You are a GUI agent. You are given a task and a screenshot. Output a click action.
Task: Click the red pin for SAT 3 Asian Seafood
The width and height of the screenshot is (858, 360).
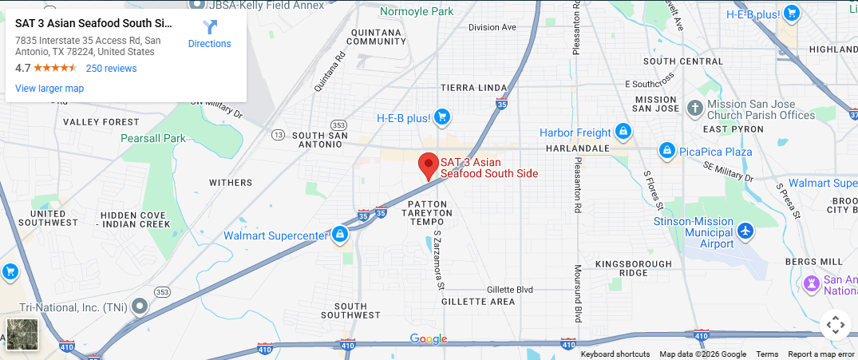(429, 165)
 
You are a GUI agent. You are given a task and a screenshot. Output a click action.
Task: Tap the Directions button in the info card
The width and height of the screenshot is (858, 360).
(209, 34)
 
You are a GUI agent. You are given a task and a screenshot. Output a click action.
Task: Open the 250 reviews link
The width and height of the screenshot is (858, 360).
(111, 69)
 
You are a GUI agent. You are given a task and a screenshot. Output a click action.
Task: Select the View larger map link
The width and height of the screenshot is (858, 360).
(49, 89)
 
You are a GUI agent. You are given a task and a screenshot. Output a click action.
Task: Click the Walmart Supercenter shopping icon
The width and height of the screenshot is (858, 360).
(340, 235)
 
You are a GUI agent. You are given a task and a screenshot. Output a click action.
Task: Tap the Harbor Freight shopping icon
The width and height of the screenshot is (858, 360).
(623, 132)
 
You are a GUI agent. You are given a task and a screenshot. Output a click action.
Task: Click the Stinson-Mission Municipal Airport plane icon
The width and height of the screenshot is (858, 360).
(745, 231)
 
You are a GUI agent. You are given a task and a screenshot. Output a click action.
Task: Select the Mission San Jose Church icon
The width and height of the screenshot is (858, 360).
(695, 108)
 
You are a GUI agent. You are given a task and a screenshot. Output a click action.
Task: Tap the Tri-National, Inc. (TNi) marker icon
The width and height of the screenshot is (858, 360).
(140, 306)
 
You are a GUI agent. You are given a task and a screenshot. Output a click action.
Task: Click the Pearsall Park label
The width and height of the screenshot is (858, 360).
(152, 138)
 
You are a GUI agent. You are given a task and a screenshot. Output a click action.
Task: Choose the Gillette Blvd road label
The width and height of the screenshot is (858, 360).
(510, 289)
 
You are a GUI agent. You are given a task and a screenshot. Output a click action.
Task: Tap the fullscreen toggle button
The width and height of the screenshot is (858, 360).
(835, 325)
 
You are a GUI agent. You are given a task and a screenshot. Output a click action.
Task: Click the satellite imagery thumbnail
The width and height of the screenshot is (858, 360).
(22, 334)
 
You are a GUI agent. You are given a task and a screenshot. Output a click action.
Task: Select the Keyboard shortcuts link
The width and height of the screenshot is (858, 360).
(615, 354)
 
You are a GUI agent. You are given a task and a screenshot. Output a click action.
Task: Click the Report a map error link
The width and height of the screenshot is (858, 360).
(820, 354)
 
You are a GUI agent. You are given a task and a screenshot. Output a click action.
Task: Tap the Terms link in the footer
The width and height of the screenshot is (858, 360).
(767, 354)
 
